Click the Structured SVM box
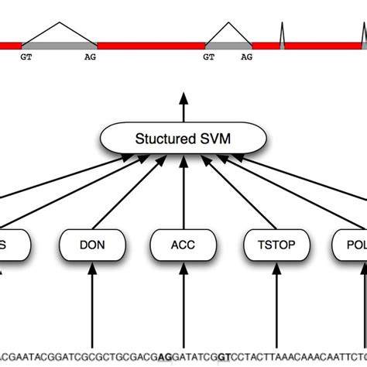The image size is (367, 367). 183,139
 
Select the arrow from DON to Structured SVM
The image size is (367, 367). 128,197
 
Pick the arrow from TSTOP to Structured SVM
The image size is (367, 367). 236,197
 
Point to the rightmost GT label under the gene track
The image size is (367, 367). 209,57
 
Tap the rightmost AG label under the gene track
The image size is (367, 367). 246,57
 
